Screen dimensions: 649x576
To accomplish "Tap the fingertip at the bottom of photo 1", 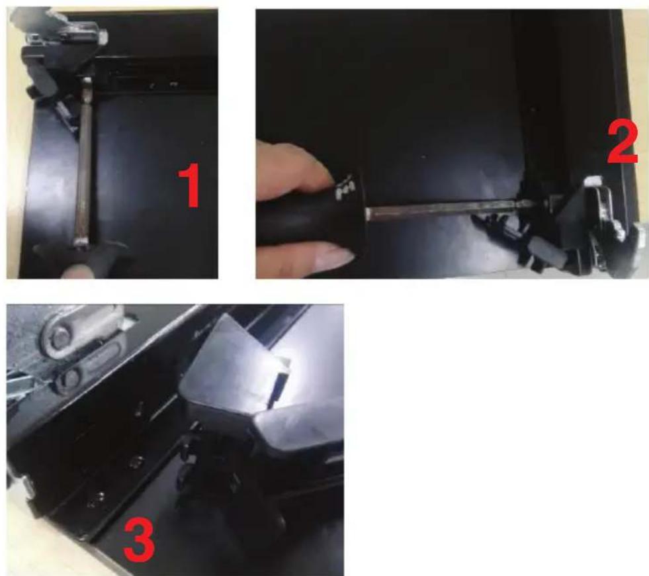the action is tap(75, 271).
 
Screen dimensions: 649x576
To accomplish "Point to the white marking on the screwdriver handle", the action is tap(345, 186).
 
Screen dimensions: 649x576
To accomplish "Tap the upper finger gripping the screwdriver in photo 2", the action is tap(294, 168).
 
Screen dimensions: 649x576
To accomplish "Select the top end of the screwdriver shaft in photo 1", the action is tap(87, 79).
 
